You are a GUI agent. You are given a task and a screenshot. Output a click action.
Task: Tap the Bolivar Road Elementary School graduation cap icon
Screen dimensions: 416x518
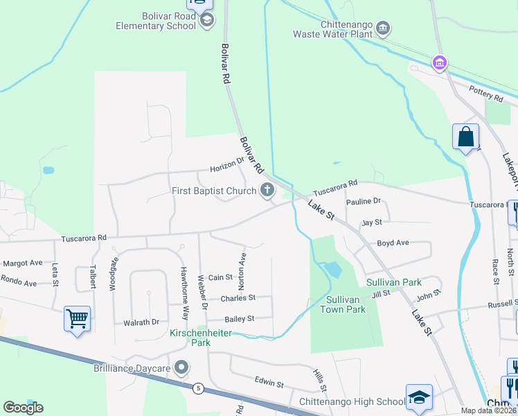click(206, 21)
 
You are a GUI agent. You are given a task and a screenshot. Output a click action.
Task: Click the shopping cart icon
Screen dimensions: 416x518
click(77, 320)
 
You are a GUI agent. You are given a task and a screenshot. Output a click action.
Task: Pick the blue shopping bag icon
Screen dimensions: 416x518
click(465, 136)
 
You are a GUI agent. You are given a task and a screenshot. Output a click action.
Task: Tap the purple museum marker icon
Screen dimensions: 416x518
click(438, 63)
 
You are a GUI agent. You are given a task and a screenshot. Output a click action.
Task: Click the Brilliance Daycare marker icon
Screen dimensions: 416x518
click(182, 366)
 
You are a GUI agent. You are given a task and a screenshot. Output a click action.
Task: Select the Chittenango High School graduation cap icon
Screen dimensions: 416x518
click(418, 397)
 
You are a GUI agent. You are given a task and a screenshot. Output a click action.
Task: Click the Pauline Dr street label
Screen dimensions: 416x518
click(364, 201)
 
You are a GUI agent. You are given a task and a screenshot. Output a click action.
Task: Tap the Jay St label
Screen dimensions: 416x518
click(372, 223)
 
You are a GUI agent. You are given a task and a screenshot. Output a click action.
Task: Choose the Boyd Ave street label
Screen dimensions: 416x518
click(393, 243)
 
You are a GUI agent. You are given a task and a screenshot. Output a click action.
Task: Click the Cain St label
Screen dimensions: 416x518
click(220, 277)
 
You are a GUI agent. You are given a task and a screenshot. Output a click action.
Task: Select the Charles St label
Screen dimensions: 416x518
click(238, 298)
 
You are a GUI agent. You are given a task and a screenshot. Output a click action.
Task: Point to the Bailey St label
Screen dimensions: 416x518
click(240, 319)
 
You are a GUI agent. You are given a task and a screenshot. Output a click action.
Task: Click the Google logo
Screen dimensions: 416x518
click(23, 408)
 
